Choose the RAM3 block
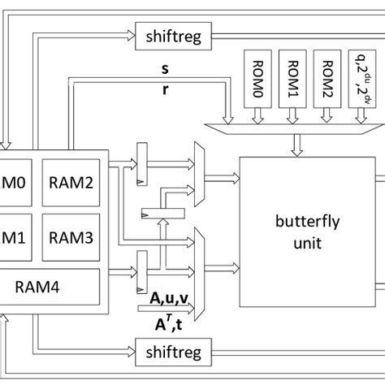pyautogui.click(x=71, y=237)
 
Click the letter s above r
pyautogui.click(x=166, y=68)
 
